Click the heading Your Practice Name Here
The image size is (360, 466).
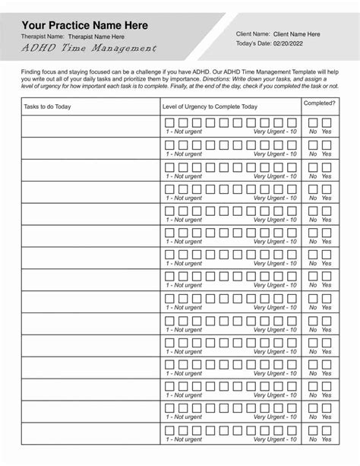[84, 25]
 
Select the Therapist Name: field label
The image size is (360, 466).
[42, 36]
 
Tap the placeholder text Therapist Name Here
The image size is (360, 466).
[96, 36]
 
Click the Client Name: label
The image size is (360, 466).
[253, 34]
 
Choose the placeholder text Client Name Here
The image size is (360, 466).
[296, 34]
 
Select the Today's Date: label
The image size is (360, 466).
[257, 45]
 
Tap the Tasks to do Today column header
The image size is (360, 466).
[47, 106]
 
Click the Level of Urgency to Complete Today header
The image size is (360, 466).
[210, 106]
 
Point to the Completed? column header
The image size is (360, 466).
[320, 102]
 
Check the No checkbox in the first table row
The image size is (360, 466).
[313, 122]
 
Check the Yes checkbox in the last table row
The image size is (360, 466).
[327, 430]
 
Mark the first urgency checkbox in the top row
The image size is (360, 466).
[170, 122]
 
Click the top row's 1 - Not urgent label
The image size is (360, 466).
[184, 132]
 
